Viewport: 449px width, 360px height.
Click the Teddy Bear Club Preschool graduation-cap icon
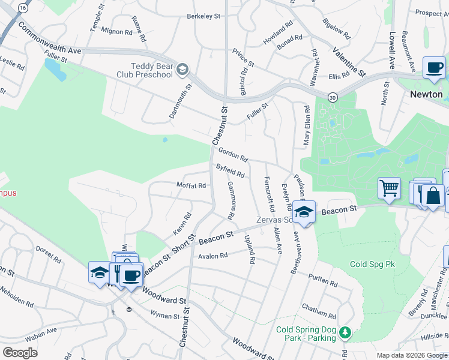point(182,71)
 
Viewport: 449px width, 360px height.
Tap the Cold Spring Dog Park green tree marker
point(345,332)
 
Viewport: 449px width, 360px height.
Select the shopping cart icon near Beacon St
point(389,188)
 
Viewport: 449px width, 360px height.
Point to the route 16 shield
point(23,8)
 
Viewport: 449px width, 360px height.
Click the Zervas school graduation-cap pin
point(304,212)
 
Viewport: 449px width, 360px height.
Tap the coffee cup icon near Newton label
point(434,67)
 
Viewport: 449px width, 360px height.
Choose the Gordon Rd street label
point(233,155)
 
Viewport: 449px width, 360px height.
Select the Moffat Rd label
point(191,185)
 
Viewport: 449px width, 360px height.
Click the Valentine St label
point(349,62)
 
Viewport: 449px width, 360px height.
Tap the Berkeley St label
point(204,16)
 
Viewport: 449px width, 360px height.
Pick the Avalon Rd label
point(214,256)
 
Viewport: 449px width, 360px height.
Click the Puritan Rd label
point(323,280)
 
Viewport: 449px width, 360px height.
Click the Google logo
point(20,353)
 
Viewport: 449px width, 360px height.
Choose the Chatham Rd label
point(319,311)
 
